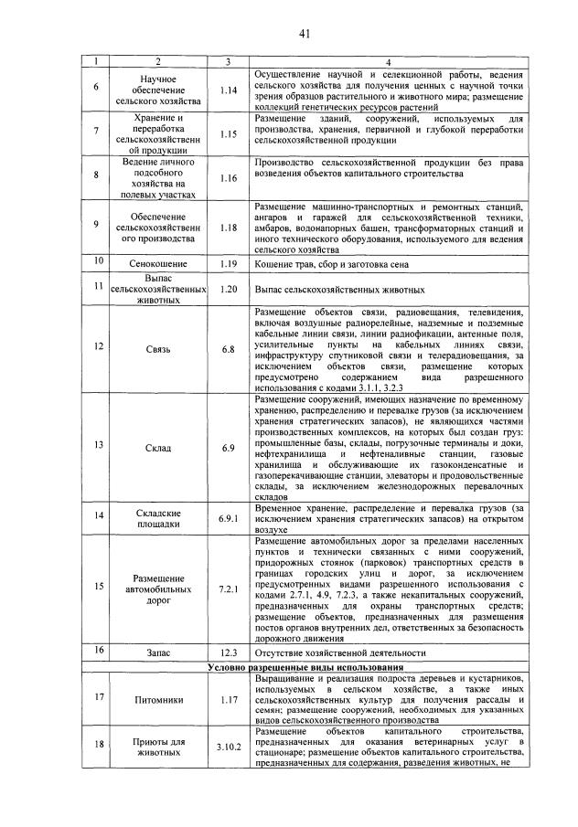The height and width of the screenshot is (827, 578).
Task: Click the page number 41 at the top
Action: point(305,34)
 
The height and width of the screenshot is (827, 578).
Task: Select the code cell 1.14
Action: point(228,90)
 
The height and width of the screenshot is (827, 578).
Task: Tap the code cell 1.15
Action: point(228,133)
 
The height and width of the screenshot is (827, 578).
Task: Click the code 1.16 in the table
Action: point(228,177)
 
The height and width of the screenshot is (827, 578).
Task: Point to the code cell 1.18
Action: point(228,227)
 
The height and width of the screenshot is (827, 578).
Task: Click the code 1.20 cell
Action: point(228,289)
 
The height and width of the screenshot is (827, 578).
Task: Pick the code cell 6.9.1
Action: point(228,518)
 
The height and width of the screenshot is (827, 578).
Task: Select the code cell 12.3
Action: point(228,653)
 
